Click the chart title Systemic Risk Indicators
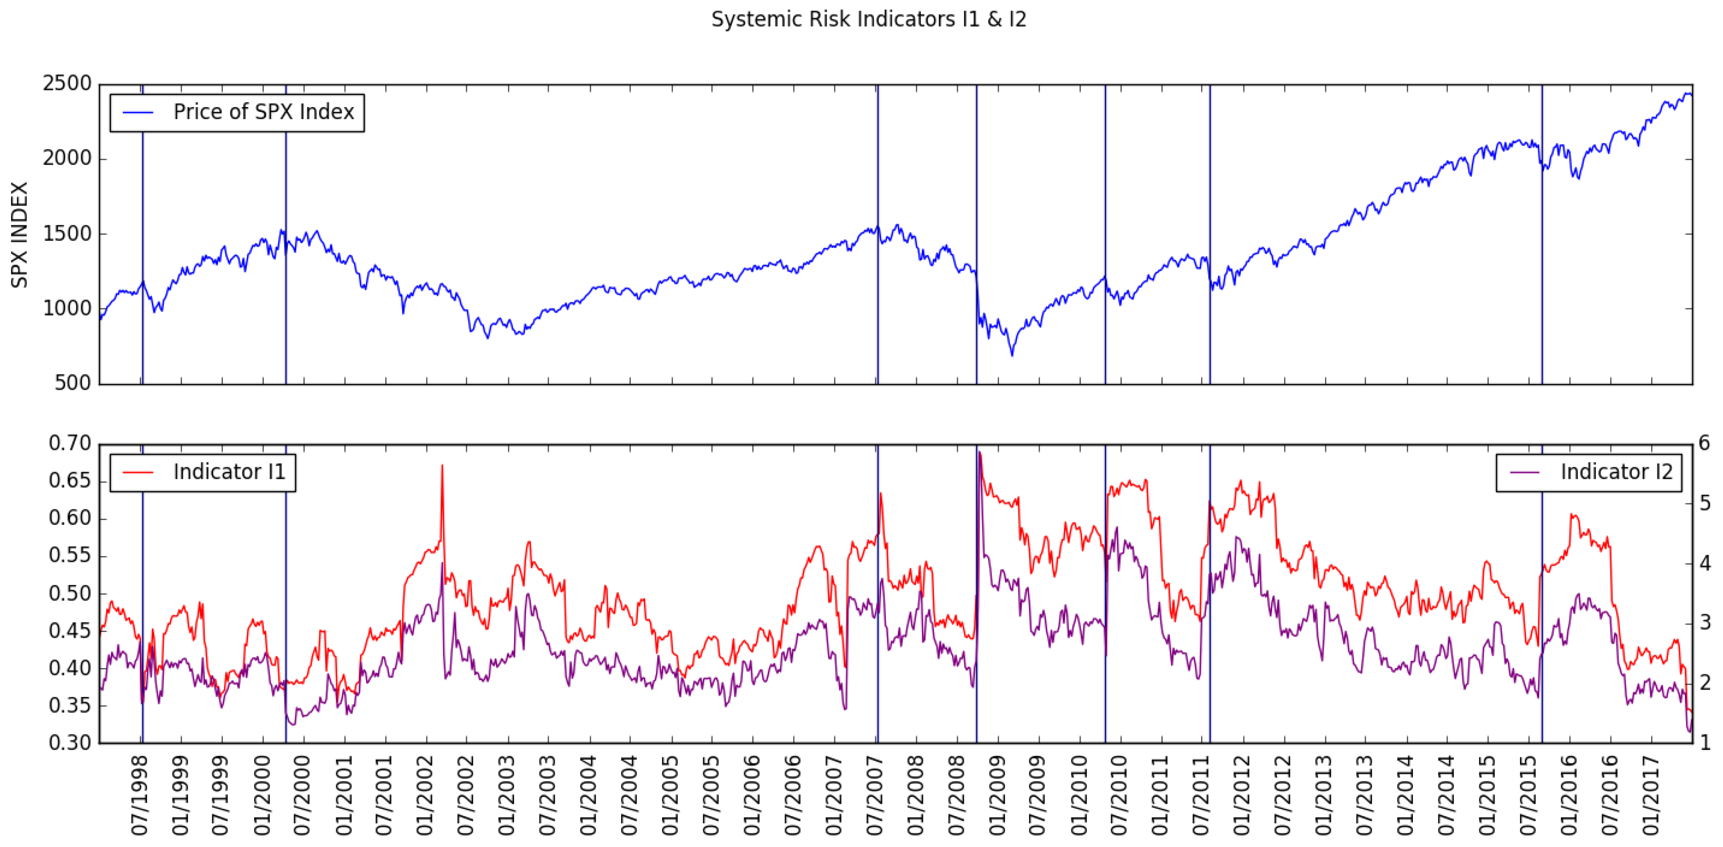click(x=868, y=19)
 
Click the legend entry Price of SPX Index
click(x=263, y=112)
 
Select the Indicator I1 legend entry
click(x=229, y=472)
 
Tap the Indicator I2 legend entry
click(x=1615, y=472)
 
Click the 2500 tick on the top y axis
click(x=67, y=84)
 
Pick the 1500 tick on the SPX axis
click(x=67, y=234)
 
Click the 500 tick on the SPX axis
click(x=72, y=383)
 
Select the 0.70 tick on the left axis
click(x=69, y=444)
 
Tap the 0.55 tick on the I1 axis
click(x=69, y=556)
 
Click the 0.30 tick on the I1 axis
click(x=69, y=743)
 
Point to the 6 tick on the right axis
click(x=1704, y=444)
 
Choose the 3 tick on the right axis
click(x=1704, y=623)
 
